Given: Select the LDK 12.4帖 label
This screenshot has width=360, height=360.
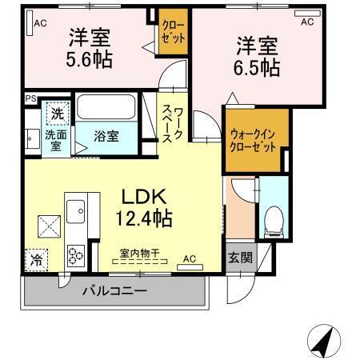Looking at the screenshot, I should (144, 207).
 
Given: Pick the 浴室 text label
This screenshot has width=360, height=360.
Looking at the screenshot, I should (107, 136).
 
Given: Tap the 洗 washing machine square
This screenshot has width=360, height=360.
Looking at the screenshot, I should (56, 114).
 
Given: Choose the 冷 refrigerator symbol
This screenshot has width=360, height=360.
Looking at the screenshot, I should (36, 259).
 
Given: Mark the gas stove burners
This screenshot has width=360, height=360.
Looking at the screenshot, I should (77, 255).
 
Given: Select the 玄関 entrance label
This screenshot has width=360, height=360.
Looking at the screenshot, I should (239, 258).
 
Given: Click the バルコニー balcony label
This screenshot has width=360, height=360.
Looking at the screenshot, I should (114, 291).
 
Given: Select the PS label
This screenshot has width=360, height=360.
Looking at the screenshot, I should (30, 99).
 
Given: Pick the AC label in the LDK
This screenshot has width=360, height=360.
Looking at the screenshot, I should (190, 259).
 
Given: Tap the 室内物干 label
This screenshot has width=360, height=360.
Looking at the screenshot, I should (139, 254).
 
